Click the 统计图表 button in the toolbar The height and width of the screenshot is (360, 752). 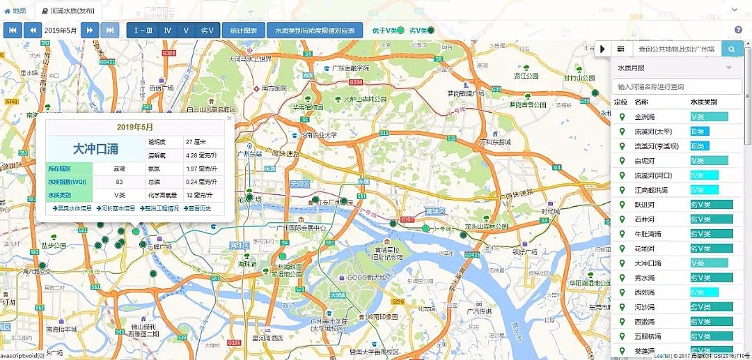point(244,31)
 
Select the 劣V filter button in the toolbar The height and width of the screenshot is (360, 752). point(207,31)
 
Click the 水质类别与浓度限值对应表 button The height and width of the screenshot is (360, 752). point(315,31)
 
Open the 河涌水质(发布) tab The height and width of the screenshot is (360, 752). point(68,11)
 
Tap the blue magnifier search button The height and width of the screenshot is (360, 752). point(732,49)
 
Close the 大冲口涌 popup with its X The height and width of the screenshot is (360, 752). point(229,120)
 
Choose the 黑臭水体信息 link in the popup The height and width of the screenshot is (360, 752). point(72,208)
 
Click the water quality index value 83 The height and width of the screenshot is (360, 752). point(119,182)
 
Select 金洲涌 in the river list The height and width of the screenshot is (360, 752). point(645,116)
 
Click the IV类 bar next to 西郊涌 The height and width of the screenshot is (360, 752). point(704,292)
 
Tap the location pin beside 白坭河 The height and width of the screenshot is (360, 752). point(622,160)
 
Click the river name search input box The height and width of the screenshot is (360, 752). point(676,86)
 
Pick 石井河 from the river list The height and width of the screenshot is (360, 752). point(645,219)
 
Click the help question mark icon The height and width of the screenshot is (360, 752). point(739,30)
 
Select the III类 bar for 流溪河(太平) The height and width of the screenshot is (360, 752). point(699,131)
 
